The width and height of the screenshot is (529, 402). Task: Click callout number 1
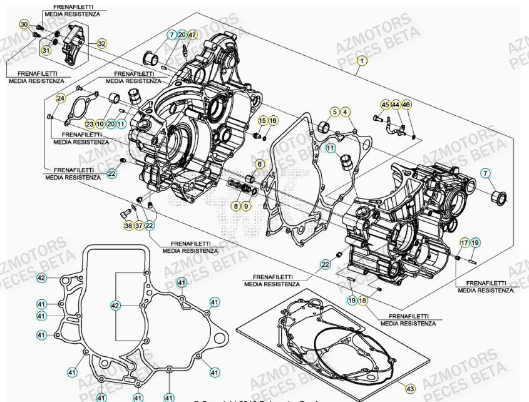tap(361, 61)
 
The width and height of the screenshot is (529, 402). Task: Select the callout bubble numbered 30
tap(24, 24)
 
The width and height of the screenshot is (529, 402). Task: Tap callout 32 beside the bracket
tap(101, 44)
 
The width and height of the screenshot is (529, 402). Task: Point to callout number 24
tap(61, 98)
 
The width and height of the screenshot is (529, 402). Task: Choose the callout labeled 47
tap(192, 34)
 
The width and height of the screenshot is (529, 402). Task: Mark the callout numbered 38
tap(128, 225)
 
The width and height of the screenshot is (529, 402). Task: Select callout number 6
tap(259, 164)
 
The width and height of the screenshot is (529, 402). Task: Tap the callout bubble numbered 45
tap(385, 105)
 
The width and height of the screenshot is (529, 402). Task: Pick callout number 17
tap(465, 242)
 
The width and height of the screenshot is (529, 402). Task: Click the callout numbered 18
tap(363, 301)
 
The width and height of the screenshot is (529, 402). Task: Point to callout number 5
tap(336, 112)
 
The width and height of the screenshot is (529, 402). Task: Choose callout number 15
tap(262, 120)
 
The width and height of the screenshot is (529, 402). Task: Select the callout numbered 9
tap(246, 205)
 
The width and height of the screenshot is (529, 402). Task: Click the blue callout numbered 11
tap(330, 148)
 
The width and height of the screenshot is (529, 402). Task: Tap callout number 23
tap(90, 124)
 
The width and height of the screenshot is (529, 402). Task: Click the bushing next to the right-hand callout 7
tap(500, 198)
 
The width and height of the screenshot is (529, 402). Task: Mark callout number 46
tap(406, 105)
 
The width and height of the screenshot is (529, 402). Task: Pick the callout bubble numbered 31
tap(46, 50)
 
